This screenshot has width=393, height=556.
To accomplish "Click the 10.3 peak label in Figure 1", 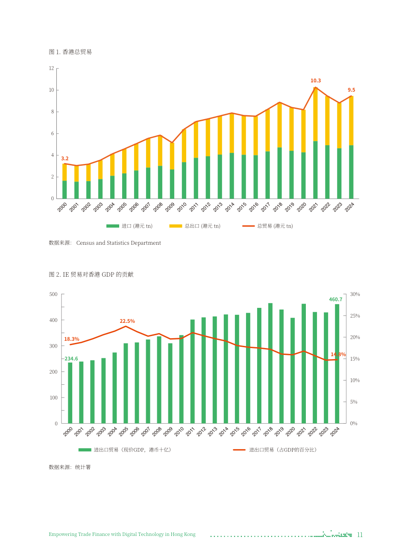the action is click(316, 81).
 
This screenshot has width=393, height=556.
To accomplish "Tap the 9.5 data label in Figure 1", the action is click(351, 90).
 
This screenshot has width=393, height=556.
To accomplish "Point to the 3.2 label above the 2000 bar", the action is click(65, 158).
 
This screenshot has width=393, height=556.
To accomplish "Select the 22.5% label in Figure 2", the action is click(127, 321).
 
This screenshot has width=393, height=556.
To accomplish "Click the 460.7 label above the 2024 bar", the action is click(336, 300).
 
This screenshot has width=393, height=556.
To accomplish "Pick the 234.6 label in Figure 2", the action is click(71, 359).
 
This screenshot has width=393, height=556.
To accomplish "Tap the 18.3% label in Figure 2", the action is click(71, 339).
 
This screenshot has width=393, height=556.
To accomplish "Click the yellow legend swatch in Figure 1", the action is click(176, 226).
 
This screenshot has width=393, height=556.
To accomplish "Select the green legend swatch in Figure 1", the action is click(113, 226).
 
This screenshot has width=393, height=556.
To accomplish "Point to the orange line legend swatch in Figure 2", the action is click(239, 450).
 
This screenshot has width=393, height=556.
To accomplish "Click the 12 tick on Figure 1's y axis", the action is click(51, 68).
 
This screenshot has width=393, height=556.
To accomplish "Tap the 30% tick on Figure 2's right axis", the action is click(355, 294).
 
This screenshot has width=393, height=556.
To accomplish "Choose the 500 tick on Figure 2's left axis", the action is click(53, 294).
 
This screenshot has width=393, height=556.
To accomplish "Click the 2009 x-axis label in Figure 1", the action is click(170, 207).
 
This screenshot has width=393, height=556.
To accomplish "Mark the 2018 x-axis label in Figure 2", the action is click(268, 432).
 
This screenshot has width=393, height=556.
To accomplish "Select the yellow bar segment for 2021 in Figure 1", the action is click(315, 114).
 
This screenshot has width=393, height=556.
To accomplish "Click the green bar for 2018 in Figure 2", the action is click(270, 363).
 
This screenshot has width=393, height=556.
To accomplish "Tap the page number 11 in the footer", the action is click(360, 534).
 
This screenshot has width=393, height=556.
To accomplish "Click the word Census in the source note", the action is click(85, 243).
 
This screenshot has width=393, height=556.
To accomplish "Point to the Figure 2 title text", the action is click(91, 275).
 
